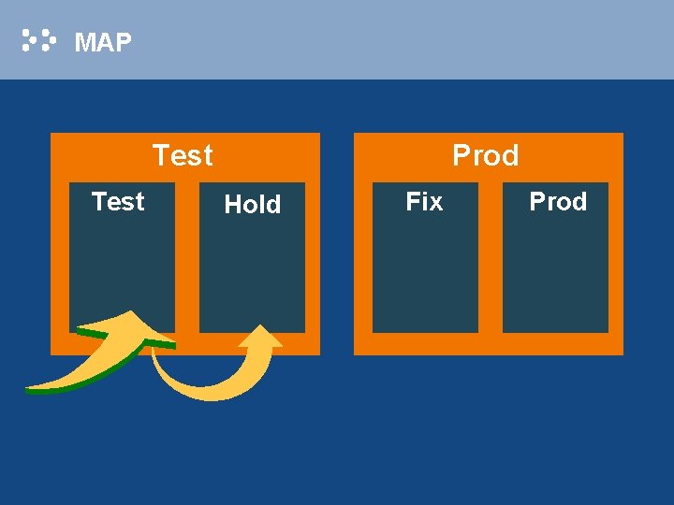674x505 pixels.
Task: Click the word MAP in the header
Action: tap(103, 42)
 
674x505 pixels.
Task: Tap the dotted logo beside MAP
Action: tap(39, 40)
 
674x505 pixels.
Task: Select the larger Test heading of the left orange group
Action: tap(183, 155)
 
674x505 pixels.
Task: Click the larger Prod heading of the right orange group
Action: tap(485, 155)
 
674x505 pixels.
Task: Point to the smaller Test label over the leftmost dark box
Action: tap(118, 202)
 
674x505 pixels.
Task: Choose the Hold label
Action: tap(252, 205)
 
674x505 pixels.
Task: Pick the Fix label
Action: tap(424, 202)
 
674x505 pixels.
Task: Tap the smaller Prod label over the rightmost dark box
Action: tap(558, 202)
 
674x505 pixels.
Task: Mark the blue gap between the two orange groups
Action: tap(337, 243)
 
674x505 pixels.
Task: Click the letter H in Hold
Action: tap(233, 205)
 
